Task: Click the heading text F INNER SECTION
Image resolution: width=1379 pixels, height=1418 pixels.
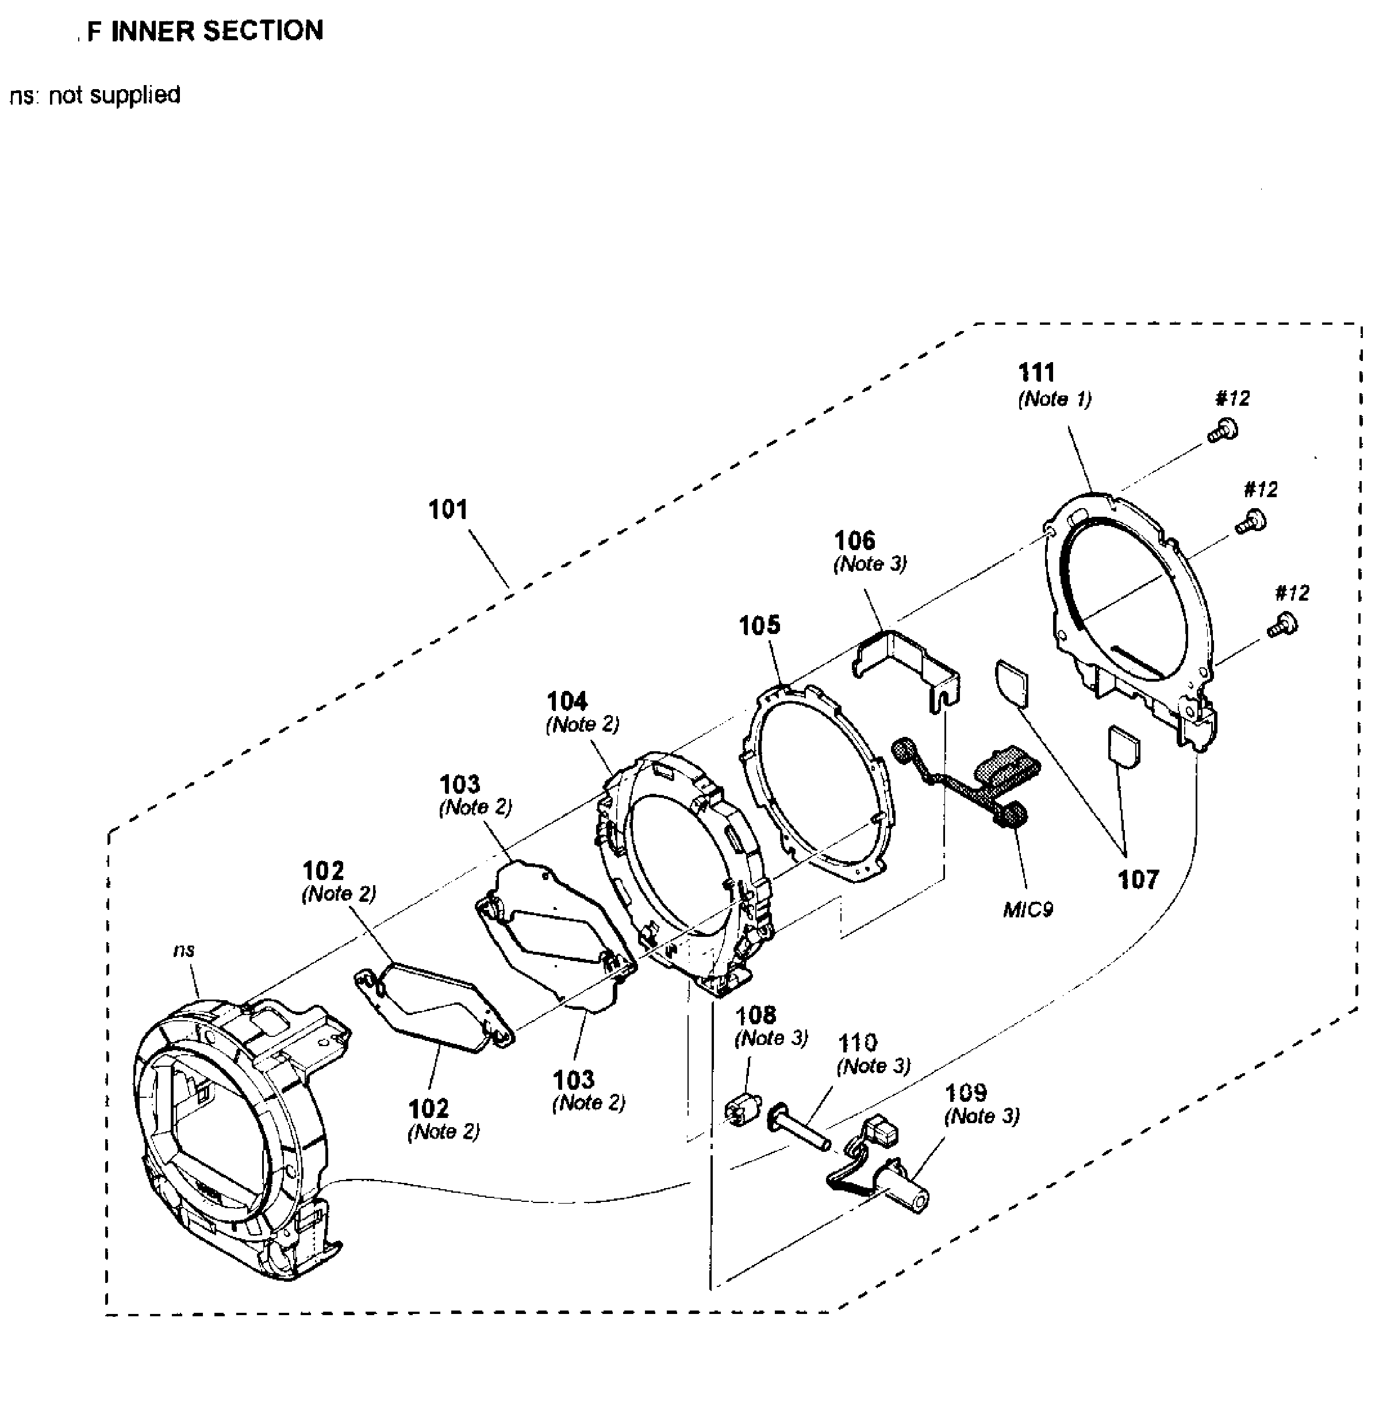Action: (205, 31)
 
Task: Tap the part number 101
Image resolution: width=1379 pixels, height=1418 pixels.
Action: (448, 510)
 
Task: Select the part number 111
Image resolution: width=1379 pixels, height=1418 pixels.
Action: (1036, 373)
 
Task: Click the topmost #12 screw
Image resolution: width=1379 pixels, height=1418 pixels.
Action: (1223, 430)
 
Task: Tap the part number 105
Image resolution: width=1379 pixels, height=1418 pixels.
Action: (759, 625)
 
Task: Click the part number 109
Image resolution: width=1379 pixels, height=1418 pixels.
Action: (966, 1092)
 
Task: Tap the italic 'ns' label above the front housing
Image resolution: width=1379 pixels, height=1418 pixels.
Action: (184, 950)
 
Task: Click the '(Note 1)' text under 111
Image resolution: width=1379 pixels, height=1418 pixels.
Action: (1055, 399)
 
